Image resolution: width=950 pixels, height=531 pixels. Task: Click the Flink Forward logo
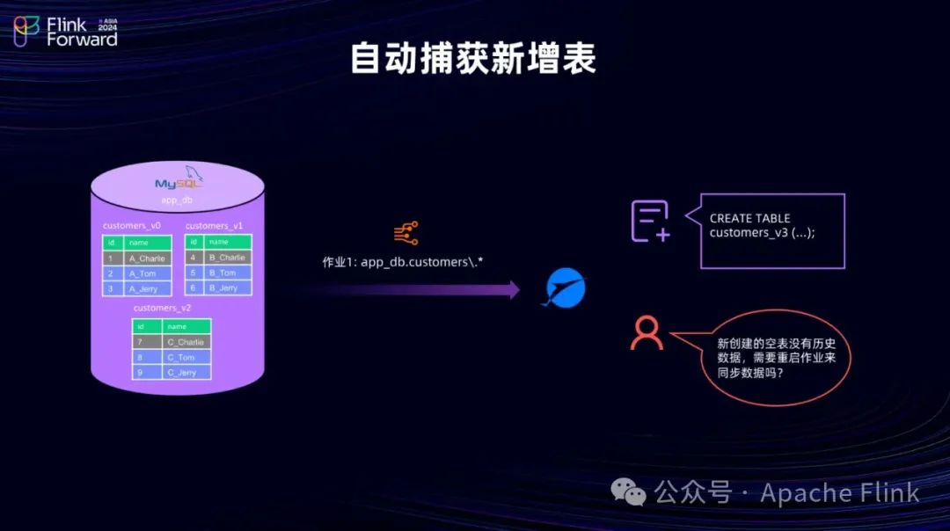65,31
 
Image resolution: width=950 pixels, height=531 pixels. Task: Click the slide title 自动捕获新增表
473,59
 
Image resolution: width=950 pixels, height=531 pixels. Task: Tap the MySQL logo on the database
179,182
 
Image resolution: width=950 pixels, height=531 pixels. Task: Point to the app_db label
177,200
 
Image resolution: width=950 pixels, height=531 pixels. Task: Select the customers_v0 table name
132,226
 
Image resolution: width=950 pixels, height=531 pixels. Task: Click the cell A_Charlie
146,258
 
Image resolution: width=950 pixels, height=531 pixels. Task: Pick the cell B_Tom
222,273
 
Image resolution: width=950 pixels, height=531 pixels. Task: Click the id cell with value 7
139,341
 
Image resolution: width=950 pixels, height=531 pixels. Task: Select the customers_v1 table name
214,226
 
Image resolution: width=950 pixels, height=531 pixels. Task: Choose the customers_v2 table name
162,308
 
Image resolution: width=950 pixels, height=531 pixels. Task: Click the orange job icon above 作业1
406,233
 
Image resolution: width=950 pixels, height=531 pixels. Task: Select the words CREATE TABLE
749,218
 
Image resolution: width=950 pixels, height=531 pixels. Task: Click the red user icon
647,332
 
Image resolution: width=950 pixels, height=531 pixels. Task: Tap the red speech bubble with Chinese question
771,358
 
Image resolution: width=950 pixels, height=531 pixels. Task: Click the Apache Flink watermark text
839,493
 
